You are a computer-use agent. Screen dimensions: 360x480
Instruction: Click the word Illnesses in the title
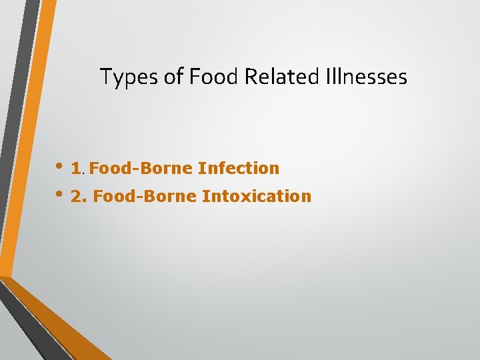[367, 77]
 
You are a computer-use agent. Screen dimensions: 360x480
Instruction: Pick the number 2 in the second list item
[75, 197]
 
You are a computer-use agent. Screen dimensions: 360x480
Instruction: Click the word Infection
[239, 169]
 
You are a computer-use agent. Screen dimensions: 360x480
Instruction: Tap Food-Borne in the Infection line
[141, 169]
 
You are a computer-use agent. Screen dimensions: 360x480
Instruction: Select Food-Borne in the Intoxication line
[145, 197]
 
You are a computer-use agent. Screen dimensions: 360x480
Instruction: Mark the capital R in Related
[250, 77]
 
